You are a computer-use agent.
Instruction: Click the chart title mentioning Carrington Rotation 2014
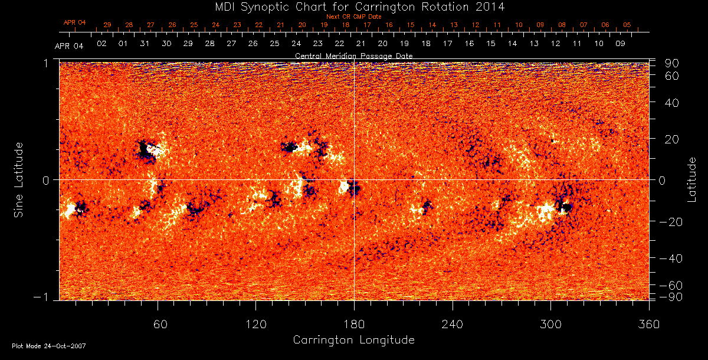(x=353, y=6)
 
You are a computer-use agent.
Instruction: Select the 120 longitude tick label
(x=255, y=324)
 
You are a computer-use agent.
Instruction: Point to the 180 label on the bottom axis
(x=354, y=324)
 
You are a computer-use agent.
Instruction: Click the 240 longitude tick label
(x=452, y=324)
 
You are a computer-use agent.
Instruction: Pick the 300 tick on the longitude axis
(x=550, y=324)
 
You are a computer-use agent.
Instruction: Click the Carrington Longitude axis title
(x=353, y=340)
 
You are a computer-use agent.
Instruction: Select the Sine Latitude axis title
(x=19, y=179)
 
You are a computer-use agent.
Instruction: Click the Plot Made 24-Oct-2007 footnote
(x=49, y=346)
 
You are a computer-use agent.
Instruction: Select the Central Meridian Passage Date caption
(x=353, y=55)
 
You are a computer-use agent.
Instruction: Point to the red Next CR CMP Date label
(x=353, y=17)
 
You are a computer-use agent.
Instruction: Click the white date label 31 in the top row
(x=145, y=44)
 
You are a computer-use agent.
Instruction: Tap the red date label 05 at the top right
(x=627, y=25)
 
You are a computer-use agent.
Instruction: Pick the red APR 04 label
(x=75, y=22)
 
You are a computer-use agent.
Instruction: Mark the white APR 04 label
(x=69, y=46)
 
